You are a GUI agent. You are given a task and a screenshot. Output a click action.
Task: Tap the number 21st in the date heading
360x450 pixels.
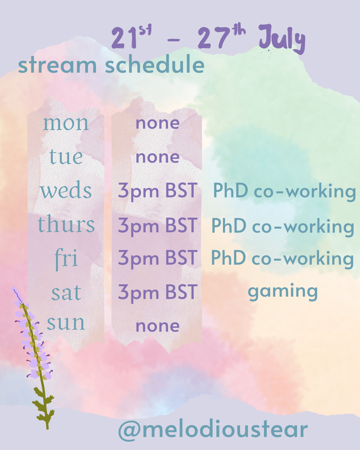(131, 37)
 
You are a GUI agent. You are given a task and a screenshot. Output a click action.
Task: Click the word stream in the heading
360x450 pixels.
(57, 65)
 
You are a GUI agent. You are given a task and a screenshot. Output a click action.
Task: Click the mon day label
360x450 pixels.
(66, 124)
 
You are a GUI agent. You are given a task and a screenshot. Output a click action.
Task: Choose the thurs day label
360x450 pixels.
(66, 224)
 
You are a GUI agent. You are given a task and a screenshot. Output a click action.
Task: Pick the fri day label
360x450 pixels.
(66, 259)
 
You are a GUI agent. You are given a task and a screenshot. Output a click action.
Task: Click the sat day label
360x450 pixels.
(66, 293)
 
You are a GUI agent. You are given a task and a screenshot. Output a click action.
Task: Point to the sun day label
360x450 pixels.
(66, 323)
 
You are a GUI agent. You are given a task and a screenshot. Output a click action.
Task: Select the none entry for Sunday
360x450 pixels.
(158, 326)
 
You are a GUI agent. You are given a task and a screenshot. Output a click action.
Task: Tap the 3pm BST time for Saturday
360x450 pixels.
(158, 293)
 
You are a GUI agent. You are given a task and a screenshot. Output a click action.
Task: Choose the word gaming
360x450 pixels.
(283, 293)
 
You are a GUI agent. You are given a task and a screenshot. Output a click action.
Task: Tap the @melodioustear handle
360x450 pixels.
(213, 430)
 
